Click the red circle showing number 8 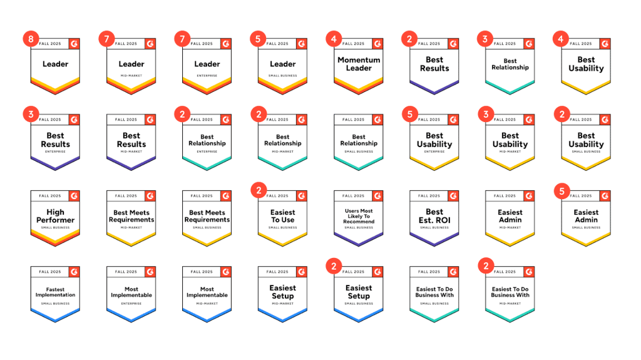31,39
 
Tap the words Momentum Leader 359,64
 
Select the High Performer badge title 55,216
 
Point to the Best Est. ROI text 434,216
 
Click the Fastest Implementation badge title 55,292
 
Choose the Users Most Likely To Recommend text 359,216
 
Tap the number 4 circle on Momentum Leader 334,39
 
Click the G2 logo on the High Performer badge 74,196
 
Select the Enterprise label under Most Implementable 131,304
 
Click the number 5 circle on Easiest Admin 562,190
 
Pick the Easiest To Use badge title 283,216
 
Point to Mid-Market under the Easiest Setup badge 283,304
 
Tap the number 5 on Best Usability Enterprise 410,115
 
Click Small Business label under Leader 283,76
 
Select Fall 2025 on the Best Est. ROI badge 429,196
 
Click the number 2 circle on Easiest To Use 258,190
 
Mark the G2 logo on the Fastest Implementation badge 74,272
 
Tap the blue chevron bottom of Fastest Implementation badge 55,316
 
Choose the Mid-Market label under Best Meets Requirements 131,228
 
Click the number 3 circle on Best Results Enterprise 31,115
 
